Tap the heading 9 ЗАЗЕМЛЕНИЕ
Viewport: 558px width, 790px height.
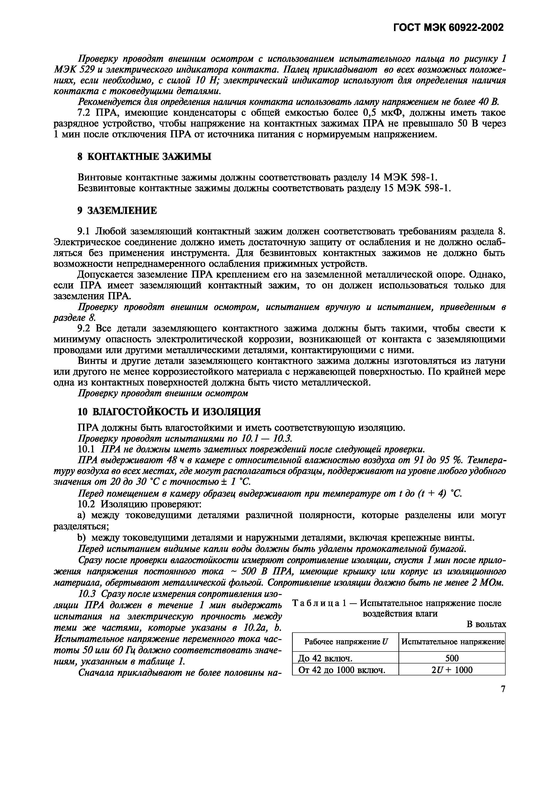click(x=117, y=211)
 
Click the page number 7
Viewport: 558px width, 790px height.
click(x=503, y=689)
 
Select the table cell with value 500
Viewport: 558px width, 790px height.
click(x=452, y=658)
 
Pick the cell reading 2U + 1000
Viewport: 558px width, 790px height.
click(x=452, y=670)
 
